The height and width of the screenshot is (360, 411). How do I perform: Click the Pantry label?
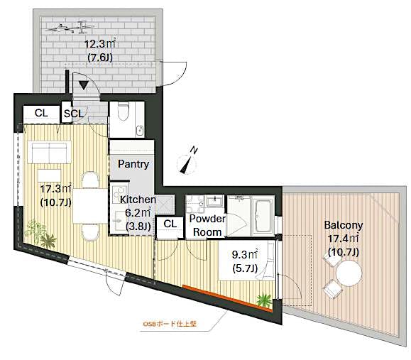pos(133,165)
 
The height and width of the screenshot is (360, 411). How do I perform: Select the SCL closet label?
pos(74,113)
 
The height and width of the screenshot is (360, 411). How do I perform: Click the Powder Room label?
pos(207,225)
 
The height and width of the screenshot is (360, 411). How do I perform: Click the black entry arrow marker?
pos(84,85)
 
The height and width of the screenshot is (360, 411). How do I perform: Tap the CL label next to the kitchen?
pos(170,224)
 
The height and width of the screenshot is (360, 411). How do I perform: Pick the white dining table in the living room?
pos(89,206)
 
